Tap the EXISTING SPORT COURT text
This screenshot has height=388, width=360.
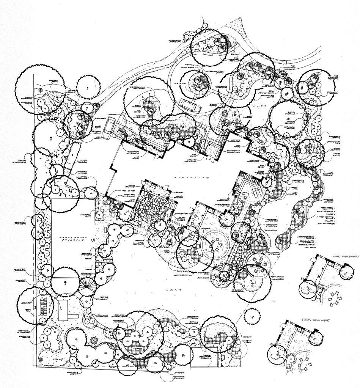[72, 240]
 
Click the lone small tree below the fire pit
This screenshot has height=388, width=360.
[250, 315]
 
